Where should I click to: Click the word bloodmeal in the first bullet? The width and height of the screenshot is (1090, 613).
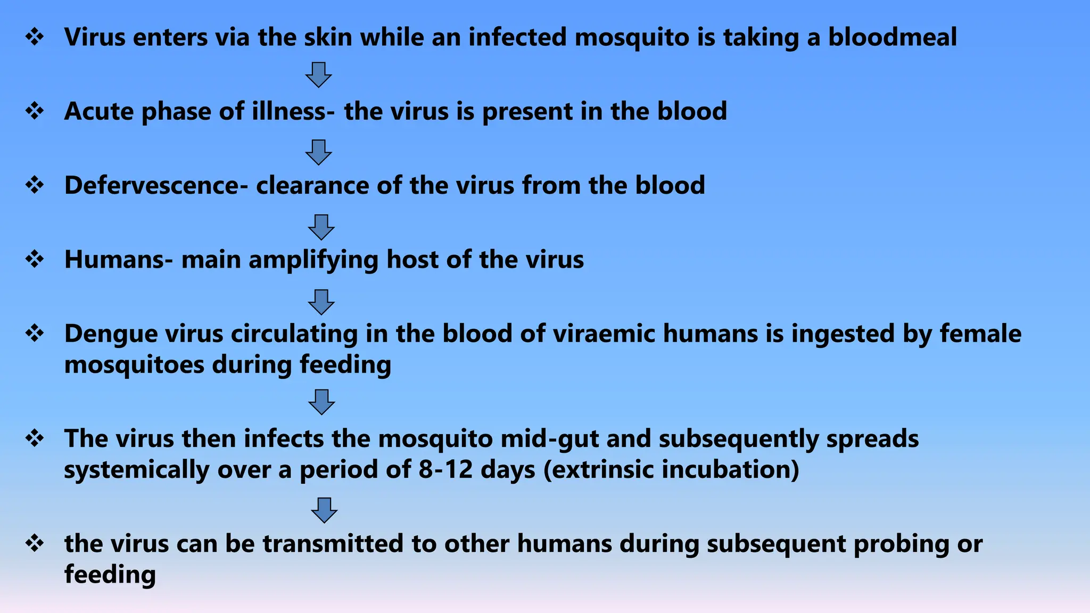pyautogui.click(x=892, y=37)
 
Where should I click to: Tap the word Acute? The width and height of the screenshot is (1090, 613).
pyautogui.click(x=99, y=112)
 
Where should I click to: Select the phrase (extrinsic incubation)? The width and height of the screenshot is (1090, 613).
pyautogui.click(x=671, y=470)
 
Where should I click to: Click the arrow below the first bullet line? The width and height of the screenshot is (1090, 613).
pyautogui.click(x=318, y=74)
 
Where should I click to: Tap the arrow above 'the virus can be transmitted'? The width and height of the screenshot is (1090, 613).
pyautogui.click(x=324, y=510)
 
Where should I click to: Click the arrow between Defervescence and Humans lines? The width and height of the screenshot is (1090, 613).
pyautogui.click(x=321, y=227)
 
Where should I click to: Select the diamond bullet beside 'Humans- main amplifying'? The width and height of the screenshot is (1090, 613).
pyautogui.click(x=35, y=260)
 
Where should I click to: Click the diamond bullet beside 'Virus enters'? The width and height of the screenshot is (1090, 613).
pyautogui.click(x=35, y=37)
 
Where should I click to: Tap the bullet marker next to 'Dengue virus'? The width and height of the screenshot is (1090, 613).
pyautogui.click(x=35, y=334)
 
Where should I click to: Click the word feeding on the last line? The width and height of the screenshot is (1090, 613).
pyautogui.click(x=110, y=575)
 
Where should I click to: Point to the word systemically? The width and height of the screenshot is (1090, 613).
pyautogui.click(x=136, y=470)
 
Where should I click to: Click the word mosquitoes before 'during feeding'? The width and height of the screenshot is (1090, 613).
pyautogui.click(x=134, y=365)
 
